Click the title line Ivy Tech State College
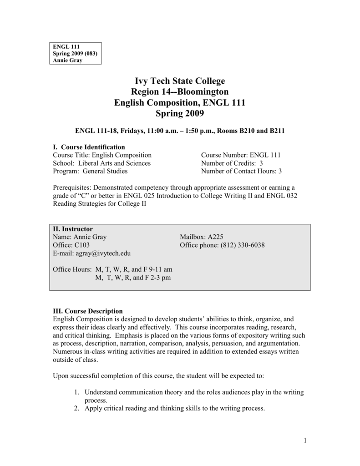point(180,81)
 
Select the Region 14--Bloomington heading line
point(180,92)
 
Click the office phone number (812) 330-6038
point(243,245)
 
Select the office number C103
point(81,245)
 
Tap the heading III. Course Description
point(88,311)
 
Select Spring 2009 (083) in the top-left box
point(75,53)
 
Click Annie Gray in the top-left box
point(68,60)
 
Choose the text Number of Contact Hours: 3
point(241,171)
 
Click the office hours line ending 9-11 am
point(112,270)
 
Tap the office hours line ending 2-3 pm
point(132,278)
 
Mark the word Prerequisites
point(72,187)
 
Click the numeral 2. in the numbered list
point(77,409)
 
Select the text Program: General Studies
point(90,171)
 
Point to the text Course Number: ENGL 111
point(241,155)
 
